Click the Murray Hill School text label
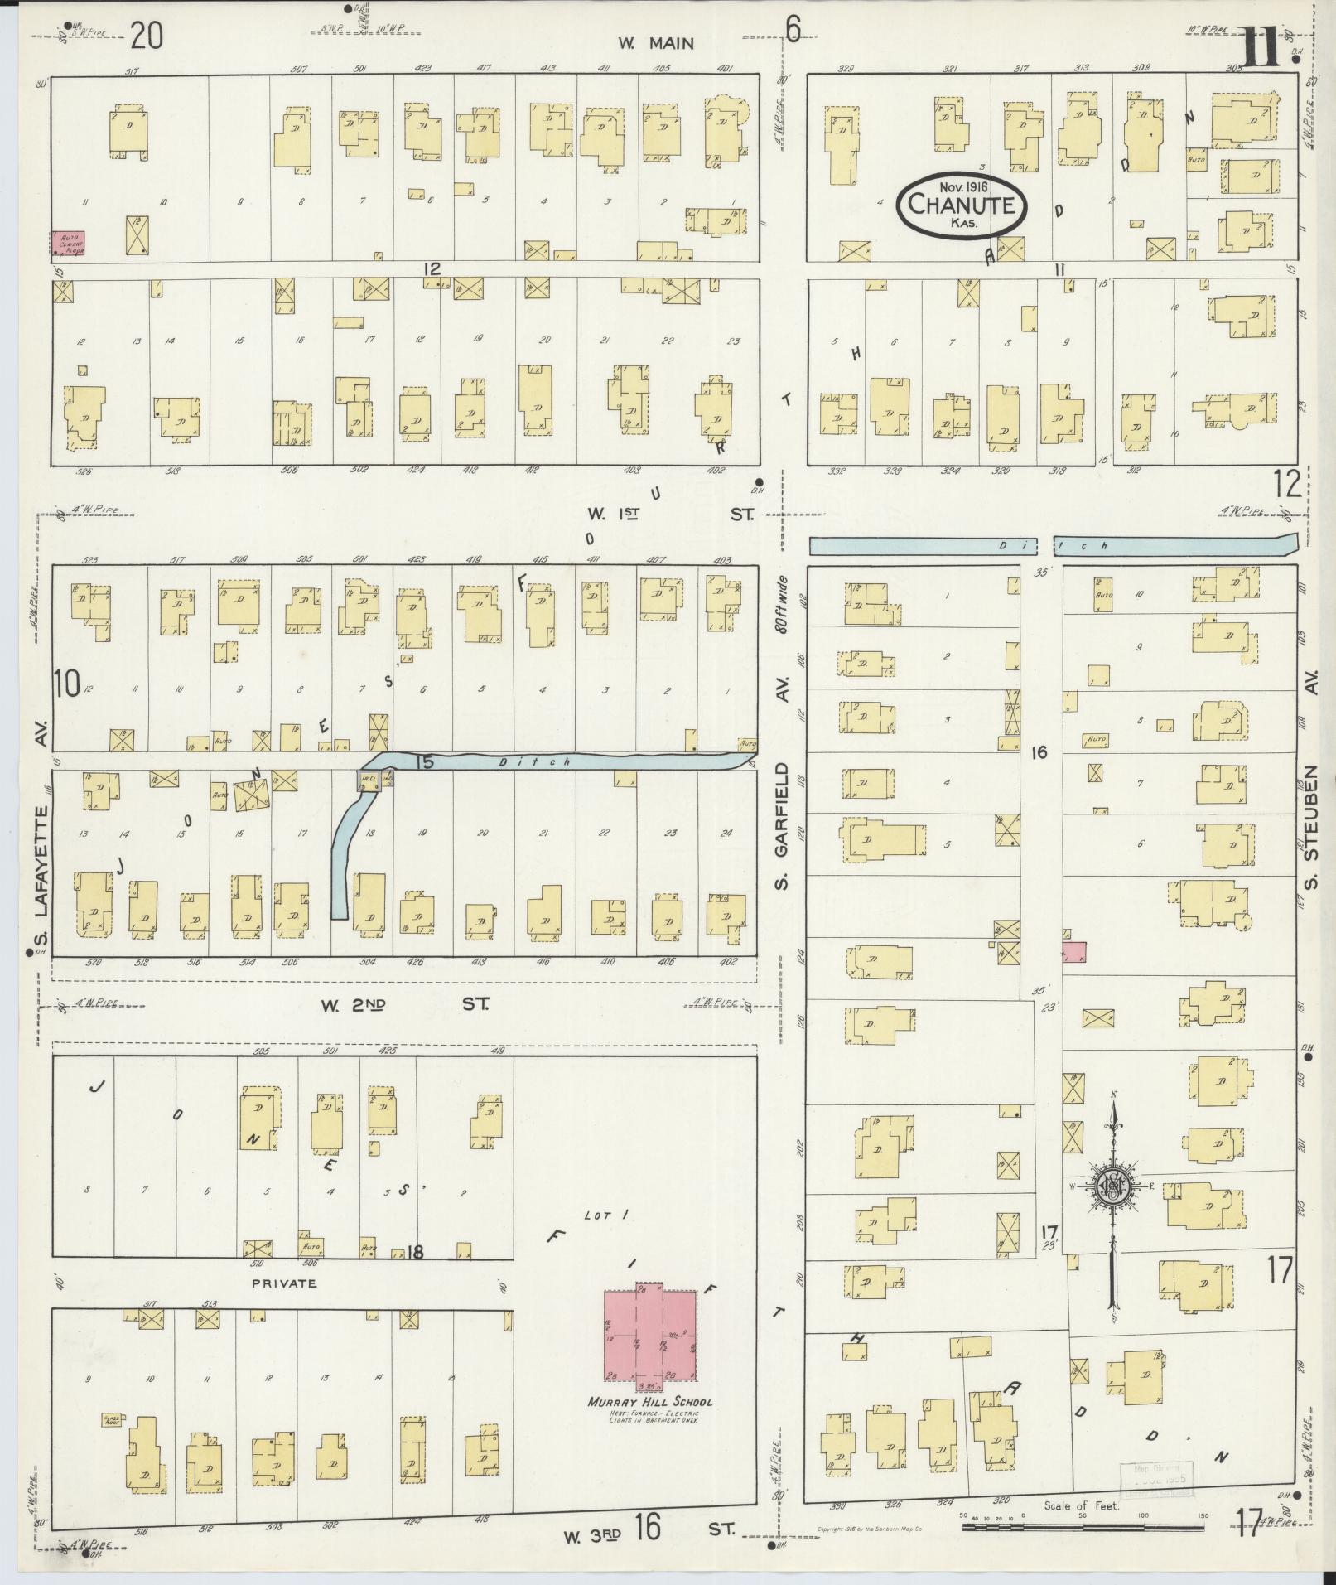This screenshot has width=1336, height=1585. pos(649,1403)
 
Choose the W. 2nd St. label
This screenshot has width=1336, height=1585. pos(404,1005)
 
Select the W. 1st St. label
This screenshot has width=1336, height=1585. pos(669,514)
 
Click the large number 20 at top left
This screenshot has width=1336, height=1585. pos(146,36)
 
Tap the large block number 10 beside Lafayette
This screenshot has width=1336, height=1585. pos(67,684)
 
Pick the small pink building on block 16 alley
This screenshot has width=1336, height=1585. pos(1073,953)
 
